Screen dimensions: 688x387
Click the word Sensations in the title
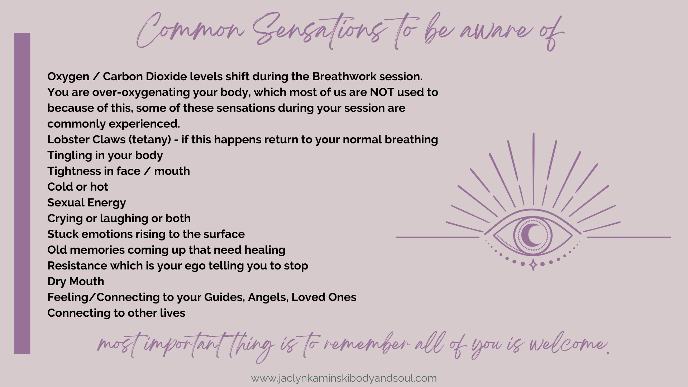pos(317,30)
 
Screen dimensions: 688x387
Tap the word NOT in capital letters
pos(382,92)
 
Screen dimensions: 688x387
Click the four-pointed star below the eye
pos(533,265)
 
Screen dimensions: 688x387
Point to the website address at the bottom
pos(344,378)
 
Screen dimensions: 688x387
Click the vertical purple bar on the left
pos(22,193)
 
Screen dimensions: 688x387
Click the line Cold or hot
pos(78,187)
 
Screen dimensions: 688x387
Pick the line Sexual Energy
pos(87,203)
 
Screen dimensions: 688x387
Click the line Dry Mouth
pos(76,282)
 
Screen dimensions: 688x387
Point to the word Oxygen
pos(68,77)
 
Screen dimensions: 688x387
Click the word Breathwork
pos(344,76)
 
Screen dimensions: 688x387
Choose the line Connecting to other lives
pos(116,313)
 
